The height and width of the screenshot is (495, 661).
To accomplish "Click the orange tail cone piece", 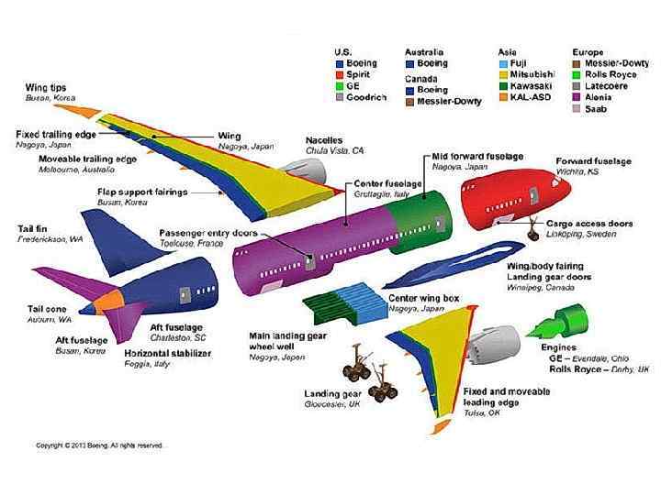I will click(x=109, y=299).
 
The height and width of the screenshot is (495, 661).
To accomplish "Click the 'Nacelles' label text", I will click(x=324, y=140).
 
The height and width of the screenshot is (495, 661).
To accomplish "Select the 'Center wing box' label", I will click(x=424, y=299).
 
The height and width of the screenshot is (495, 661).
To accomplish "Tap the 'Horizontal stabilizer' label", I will click(x=168, y=353).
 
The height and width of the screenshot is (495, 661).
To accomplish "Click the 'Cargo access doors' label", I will click(x=589, y=224).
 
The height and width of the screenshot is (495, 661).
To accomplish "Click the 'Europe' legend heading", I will click(x=588, y=52).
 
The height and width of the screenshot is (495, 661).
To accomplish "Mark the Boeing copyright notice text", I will click(x=99, y=445).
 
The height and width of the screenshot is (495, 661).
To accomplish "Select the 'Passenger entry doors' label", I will click(x=208, y=233).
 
